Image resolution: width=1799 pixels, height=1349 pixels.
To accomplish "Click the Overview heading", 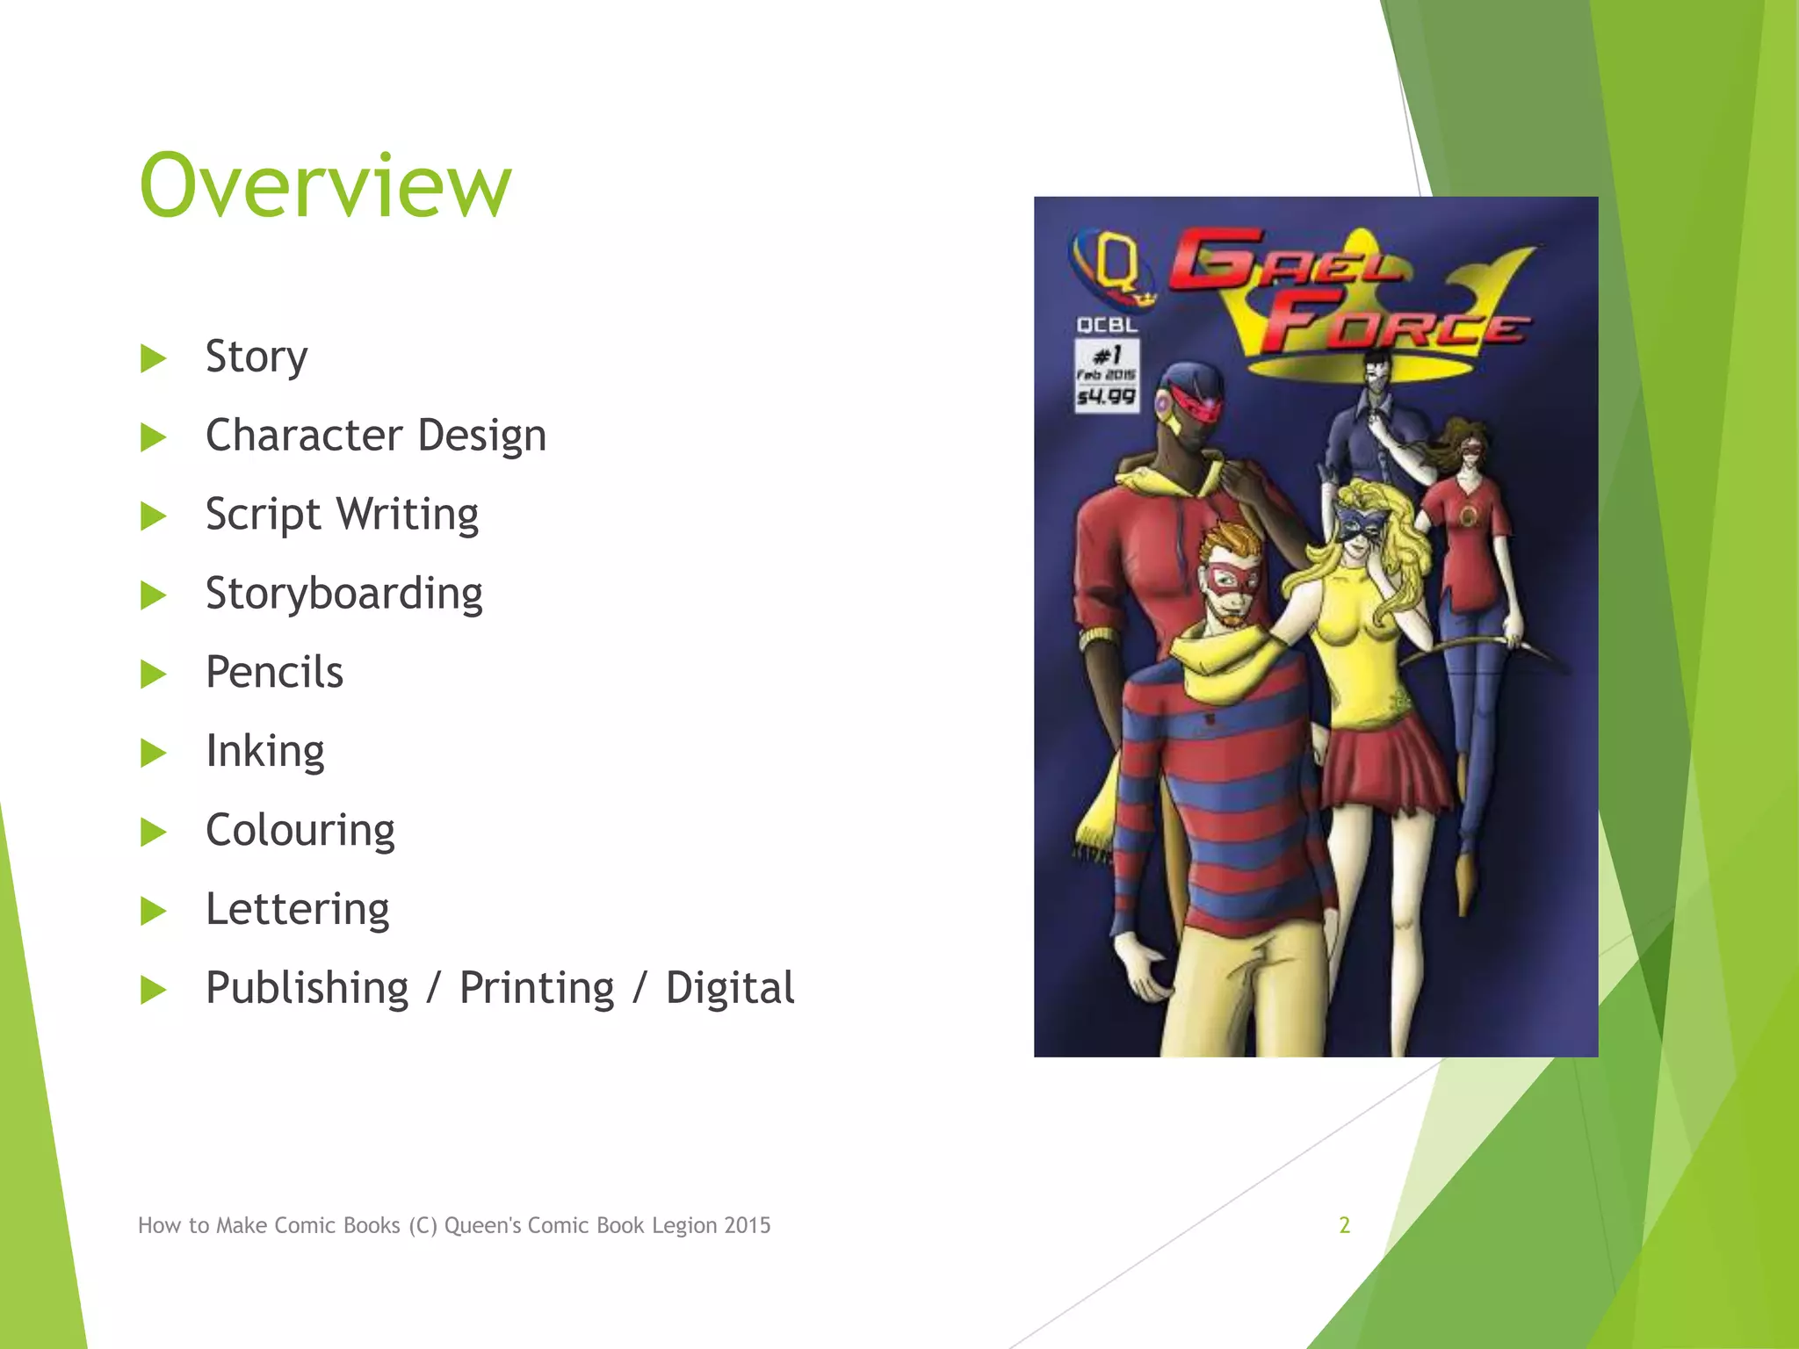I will pos(325,186).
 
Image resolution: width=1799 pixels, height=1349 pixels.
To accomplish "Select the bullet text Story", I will pos(256,357).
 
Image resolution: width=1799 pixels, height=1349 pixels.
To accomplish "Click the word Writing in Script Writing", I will pos(408,515).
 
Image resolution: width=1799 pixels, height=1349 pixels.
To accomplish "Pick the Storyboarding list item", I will pos(343,594).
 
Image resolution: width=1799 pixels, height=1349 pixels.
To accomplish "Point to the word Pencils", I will pos(274,672).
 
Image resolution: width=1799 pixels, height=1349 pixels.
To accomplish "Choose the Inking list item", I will pos(264,752).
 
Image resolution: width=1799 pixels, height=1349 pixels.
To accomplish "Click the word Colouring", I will pos(300,831).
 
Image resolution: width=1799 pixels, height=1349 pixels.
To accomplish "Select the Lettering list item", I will pos(297,909).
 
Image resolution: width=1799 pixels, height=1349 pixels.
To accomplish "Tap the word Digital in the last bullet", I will pos(729,988).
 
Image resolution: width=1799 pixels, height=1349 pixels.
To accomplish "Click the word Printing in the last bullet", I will pos(537,988).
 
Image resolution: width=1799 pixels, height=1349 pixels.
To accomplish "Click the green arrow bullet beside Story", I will pos(154,358).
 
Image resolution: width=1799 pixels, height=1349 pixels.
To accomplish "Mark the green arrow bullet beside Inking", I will pos(154,753).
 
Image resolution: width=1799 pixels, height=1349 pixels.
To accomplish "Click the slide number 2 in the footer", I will pos(1344,1225).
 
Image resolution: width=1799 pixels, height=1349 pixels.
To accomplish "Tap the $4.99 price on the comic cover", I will pos(1107,397).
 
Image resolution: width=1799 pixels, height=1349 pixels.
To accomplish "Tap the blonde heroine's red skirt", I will pos(1388,764).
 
